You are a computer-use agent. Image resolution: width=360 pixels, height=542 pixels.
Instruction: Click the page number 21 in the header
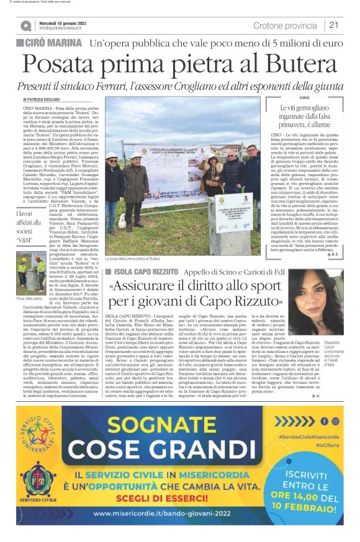tap(333, 25)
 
